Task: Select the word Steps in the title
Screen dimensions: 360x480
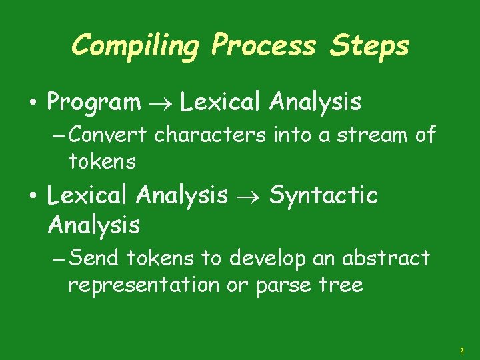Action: [x=371, y=47]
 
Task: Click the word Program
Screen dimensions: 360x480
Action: [x=94, y=103]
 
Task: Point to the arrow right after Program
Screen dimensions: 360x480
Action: [x=161, y=103]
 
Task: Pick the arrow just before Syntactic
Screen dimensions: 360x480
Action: [x=249, y=196]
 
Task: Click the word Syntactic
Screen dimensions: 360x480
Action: [x=323, y=196]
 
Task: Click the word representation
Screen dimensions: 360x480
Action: [x=143, y=286]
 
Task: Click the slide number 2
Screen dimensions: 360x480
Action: [x=461, y=350]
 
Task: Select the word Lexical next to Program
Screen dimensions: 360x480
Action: [x=221, y=103]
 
